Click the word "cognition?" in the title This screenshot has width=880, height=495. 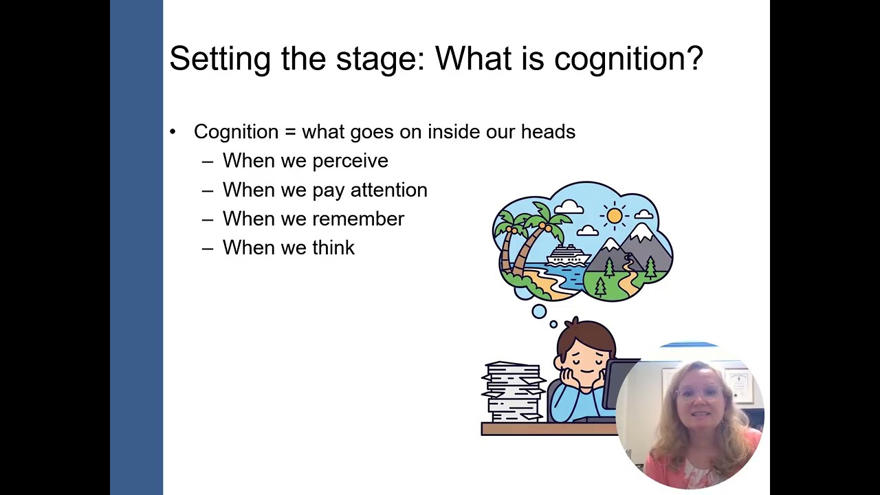pos(628,59)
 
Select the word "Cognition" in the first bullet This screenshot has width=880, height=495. pos(236,131)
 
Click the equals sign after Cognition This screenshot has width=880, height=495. pos(290,132)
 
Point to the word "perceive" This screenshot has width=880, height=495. pos(350,161)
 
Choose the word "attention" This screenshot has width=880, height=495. pos(388,190)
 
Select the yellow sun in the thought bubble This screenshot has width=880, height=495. pos(615,216)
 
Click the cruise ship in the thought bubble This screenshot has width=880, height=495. pos(568,256)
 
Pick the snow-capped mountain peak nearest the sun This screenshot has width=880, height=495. pos(641,234)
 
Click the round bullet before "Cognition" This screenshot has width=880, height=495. pos(173,132)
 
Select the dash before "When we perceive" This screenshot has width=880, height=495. pos(208,162)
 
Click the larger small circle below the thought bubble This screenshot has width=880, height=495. pos(539,311)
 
